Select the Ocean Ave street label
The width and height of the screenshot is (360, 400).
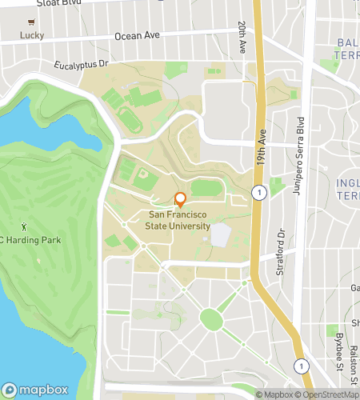tap(137, 36)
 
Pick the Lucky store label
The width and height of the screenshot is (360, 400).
tap(32, 35)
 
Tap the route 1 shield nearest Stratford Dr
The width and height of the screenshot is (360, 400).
tap(258, 192)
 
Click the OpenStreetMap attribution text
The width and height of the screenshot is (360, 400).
tap(327, 394)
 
